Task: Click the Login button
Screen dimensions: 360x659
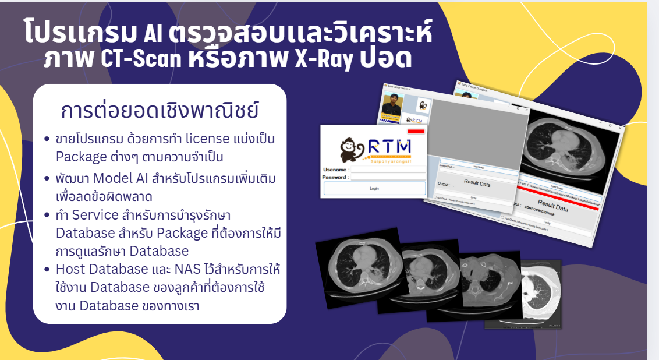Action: [x=374, y=188]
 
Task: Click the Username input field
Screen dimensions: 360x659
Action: [x=388, y=170]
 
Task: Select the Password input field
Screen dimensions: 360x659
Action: [x=388, y=177]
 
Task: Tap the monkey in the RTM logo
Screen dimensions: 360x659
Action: [x=351, y=149]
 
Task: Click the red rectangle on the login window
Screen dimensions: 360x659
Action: [x=416, y=132]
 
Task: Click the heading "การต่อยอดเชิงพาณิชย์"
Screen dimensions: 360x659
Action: [x=159, y=111]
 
